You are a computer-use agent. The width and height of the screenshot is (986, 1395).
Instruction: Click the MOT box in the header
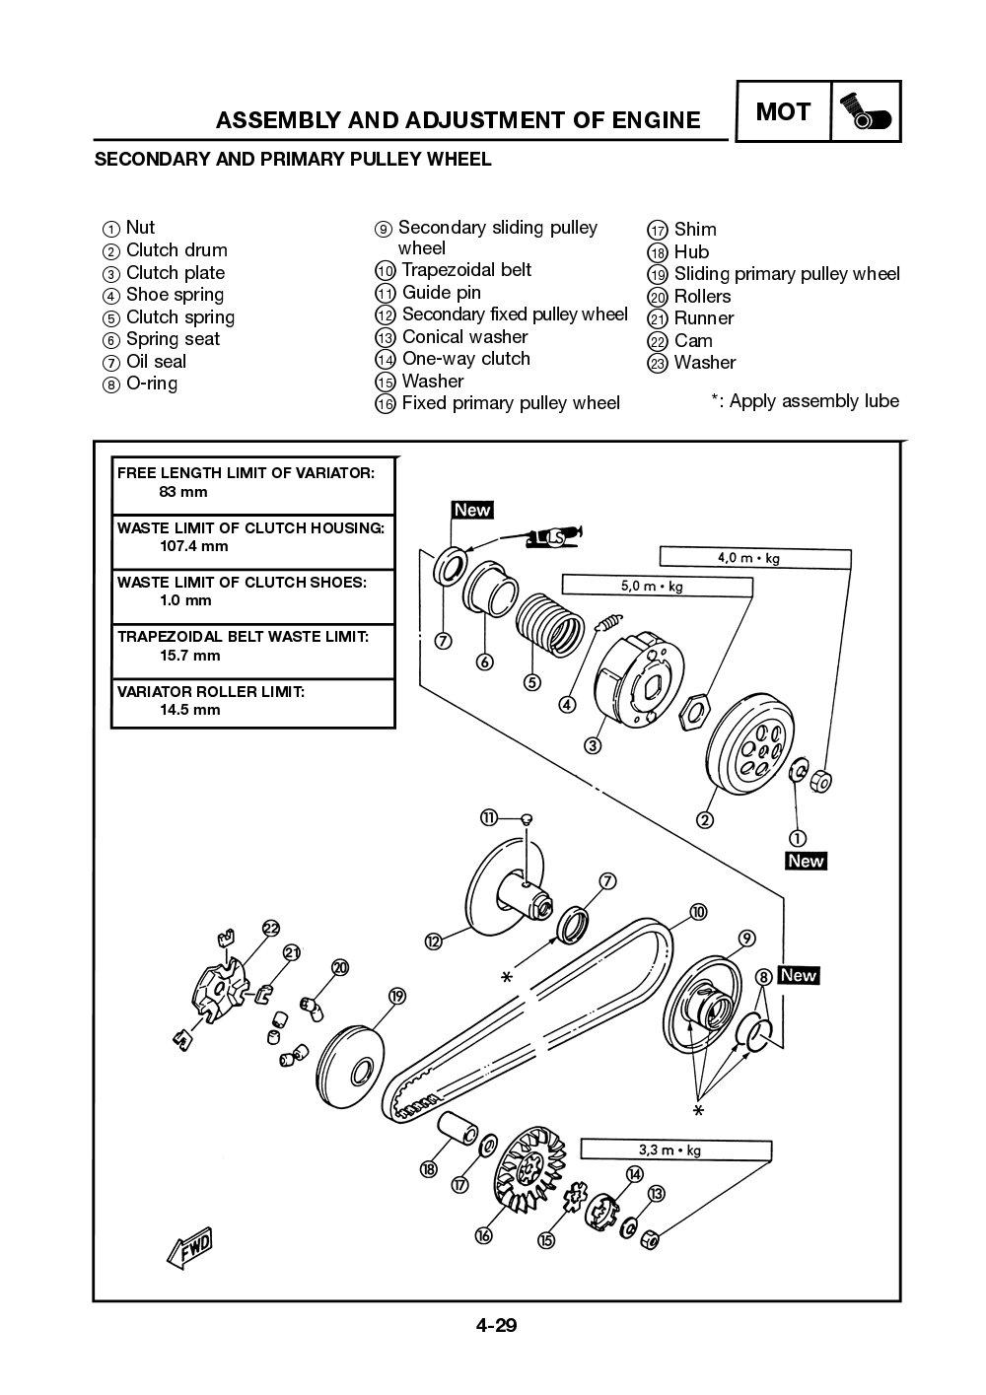point(782,111)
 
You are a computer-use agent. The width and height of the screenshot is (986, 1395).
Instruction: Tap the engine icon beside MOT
point(866,112)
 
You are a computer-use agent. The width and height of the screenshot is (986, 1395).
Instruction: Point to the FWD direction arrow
point(191,1247)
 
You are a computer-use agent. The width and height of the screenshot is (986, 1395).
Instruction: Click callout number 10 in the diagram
point(698,913)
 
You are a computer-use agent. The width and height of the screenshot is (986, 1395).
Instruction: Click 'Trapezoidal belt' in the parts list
point(465,270)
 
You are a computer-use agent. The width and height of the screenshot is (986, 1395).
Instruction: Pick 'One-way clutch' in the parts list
point(465,359)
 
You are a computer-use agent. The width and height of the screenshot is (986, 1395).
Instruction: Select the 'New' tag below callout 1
point(805,861)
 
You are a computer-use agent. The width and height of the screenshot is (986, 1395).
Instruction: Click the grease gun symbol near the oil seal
point(553,536)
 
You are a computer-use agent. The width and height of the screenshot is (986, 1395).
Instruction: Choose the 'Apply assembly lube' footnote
point(805,400)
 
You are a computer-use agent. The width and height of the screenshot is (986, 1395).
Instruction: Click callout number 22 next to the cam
point(270,928)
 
